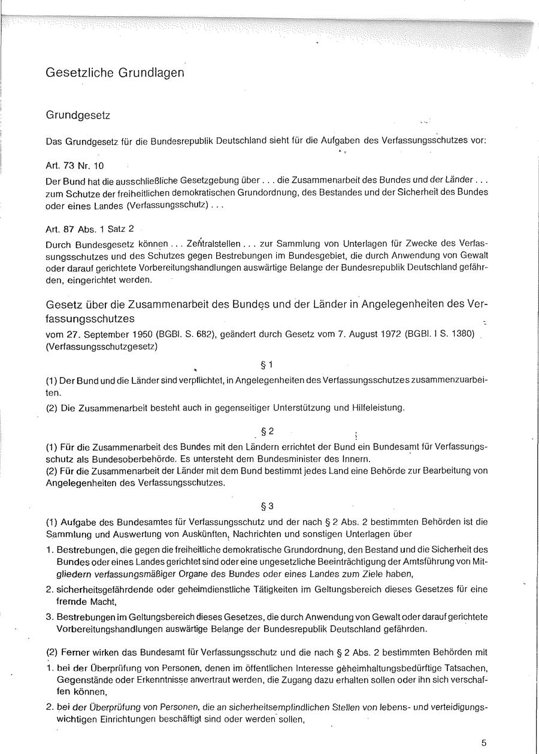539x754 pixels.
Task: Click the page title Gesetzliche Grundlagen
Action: (114, 73)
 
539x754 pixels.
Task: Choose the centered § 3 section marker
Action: (268, 506)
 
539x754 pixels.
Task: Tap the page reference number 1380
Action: (461, 334)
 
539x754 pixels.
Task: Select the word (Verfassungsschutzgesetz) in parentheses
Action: (102, 346)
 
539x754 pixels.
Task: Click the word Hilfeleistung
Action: (375, 409)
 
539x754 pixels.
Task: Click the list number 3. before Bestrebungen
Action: (50, 617)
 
